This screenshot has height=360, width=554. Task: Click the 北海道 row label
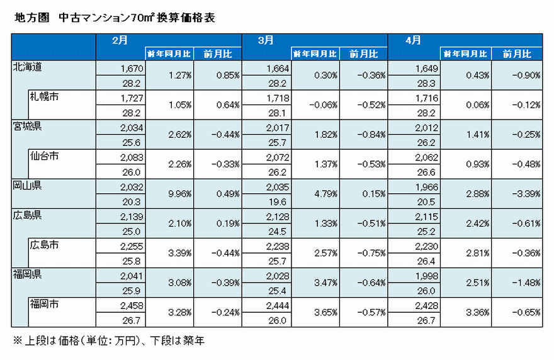pos(27,66)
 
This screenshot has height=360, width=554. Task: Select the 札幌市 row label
pos(44,96)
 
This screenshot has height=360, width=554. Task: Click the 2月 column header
pos(119,40)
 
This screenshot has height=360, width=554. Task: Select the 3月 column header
pos(266,40)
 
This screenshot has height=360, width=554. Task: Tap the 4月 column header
pos(414,40)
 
